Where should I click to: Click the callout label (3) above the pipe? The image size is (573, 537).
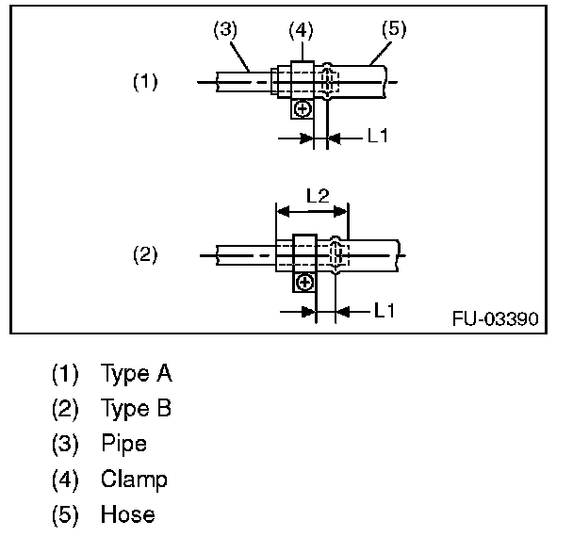pos(223,29)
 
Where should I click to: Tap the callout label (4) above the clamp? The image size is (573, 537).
pos(301,29)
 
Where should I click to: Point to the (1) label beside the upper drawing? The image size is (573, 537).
pos(144,82)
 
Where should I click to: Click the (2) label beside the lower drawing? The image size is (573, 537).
pos(144,254)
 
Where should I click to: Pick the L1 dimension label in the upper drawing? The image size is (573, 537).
pos(377,137)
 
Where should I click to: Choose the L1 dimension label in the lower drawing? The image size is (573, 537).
pos(385,309)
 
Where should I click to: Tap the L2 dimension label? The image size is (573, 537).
pos(318,197)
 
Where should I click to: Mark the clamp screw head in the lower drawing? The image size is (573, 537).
pos(303,282)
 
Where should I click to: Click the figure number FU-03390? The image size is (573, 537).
pos(495,318)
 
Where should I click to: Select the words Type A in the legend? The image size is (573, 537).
pos(136,374)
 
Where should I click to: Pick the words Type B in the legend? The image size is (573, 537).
pos(137,409)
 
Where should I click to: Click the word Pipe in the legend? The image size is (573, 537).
pos(123,444)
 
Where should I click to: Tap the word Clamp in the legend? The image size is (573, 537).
pos(134,480)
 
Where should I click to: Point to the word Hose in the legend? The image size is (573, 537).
pos(127,514)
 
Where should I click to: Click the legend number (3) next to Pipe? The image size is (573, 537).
pos(65,444)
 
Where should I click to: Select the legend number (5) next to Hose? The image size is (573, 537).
pos(65,514)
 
